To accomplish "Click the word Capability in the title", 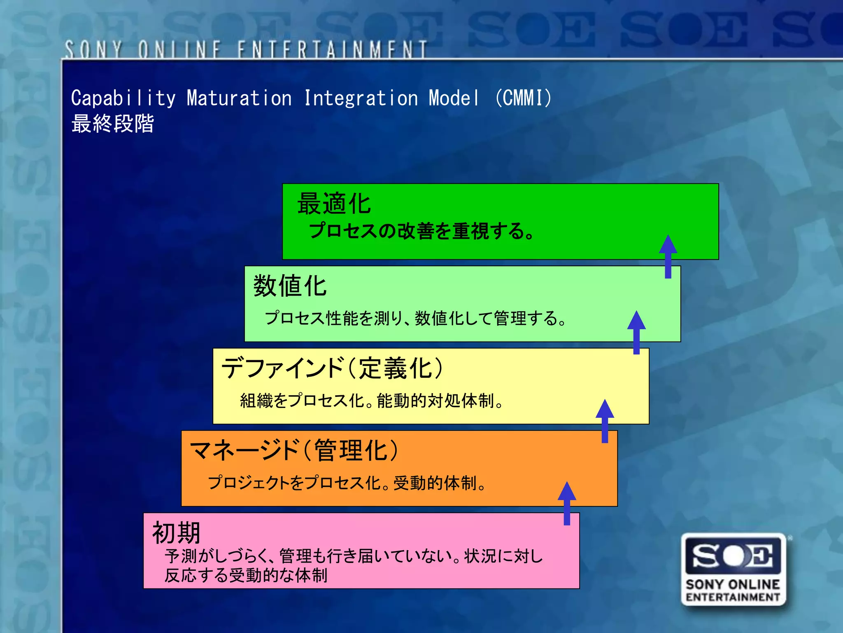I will click(x=123, y=98).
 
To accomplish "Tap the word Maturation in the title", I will click(x=239, y=98).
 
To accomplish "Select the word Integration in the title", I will click(x=361, y=98).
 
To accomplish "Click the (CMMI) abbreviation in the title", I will click(x=523, y=98).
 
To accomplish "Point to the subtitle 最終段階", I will click(x=113, y=124).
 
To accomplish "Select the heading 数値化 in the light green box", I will click(x=290, y=286).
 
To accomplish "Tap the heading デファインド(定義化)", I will click(x=333, y=368).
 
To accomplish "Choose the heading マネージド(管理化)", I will click(x=294, y=450).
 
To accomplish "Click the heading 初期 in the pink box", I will click(x=176, y=532).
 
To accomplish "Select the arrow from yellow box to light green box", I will click(x=636, y=332).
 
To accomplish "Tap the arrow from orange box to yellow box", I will click(x=605, y=421).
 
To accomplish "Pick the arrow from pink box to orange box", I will click(x=567, y=503).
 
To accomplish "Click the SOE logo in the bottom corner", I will click(x=734, y=569).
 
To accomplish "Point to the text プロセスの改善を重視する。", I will click(x=421, y=231).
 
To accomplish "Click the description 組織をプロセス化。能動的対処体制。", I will click(x=372, y=401).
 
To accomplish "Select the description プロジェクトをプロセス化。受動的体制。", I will click(x=347, y=483).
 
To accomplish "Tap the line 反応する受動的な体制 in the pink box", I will click(x=246, y=575).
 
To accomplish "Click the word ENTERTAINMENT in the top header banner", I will click(x=332, y=50).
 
